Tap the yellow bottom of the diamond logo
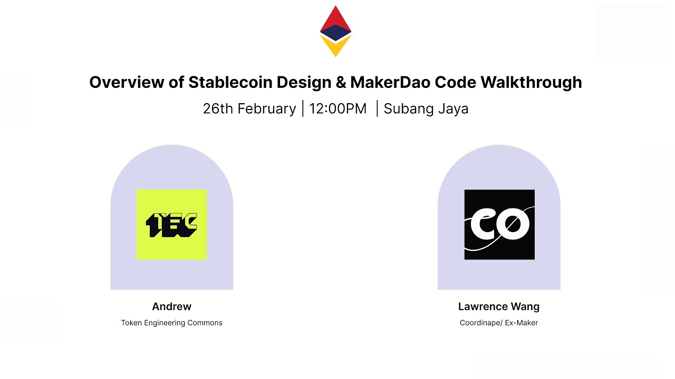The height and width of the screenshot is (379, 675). point(335,48)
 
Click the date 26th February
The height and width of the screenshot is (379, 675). point(249,109)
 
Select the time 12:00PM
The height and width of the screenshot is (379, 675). point(338,109)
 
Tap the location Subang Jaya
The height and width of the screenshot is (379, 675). point(426,109)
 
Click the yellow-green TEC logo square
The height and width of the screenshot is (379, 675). point(172,225)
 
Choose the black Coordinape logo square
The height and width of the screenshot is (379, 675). point(499,225)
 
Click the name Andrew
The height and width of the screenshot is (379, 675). point(172,306)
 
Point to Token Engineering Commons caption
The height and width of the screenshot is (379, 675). point(172,323)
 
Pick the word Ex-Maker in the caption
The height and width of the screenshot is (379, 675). point(520,323)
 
